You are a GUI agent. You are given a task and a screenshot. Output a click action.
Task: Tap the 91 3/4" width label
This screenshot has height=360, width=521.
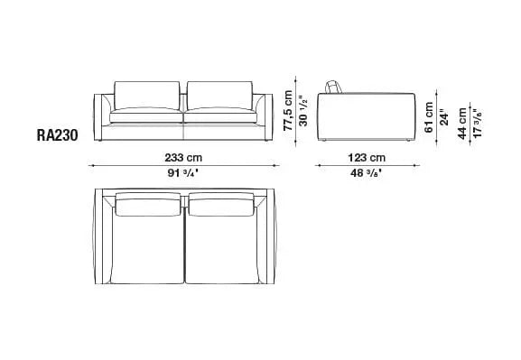tap(184, 171)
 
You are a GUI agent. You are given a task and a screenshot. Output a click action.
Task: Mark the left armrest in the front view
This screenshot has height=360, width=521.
tap(102, 113)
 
